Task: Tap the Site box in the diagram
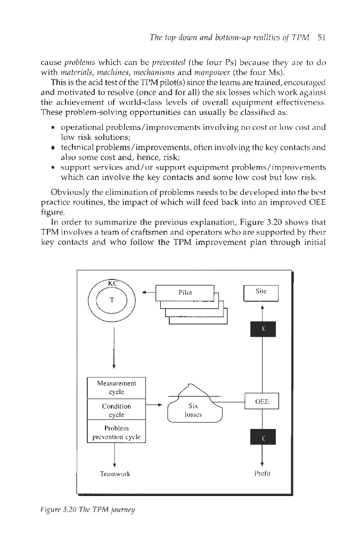[x=261, y=293]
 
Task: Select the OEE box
[x=261, y=402]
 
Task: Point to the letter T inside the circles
[x=112, y=300]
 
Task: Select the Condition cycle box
[x=116, y=410]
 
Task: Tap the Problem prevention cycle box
[x=116, y=433]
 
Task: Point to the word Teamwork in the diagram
[x=116, y=473]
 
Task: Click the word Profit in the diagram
[x=261, y=473]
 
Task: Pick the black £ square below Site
[x=261, y=329]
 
